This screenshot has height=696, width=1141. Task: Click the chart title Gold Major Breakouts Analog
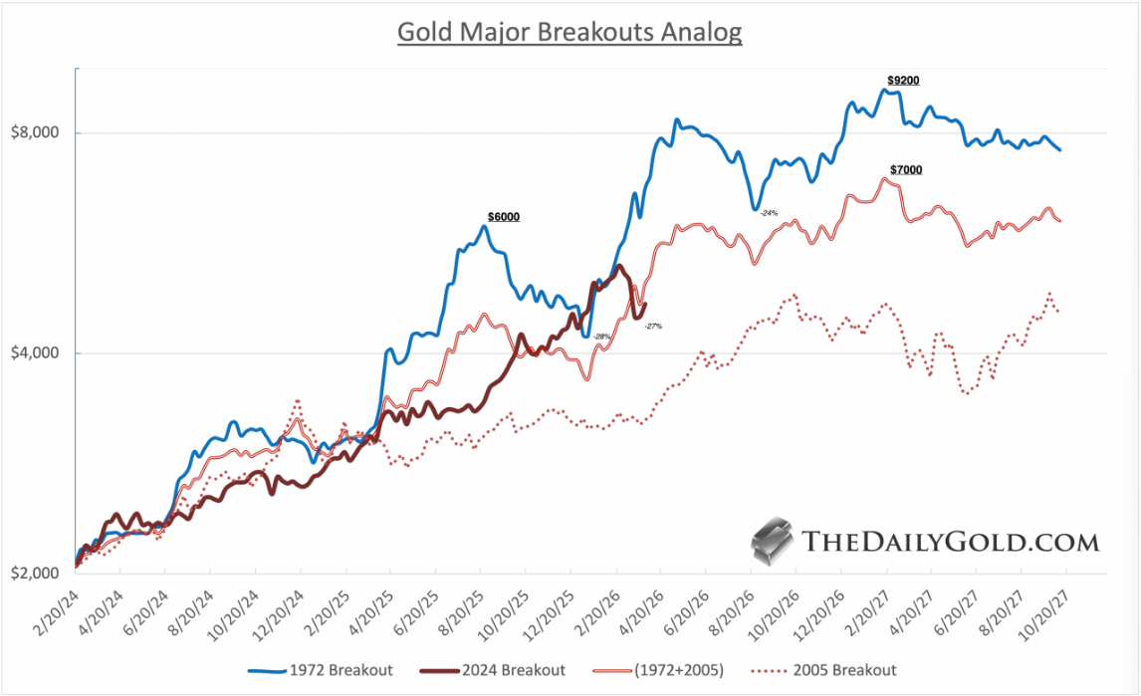(570, 32)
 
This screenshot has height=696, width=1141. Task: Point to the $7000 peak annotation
(905, 170)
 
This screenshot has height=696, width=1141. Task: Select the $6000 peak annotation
(503, 216)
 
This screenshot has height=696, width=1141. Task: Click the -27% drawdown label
(653, 327)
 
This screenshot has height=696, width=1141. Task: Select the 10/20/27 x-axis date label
(1046, 605)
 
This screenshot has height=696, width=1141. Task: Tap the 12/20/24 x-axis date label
(284, 605)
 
